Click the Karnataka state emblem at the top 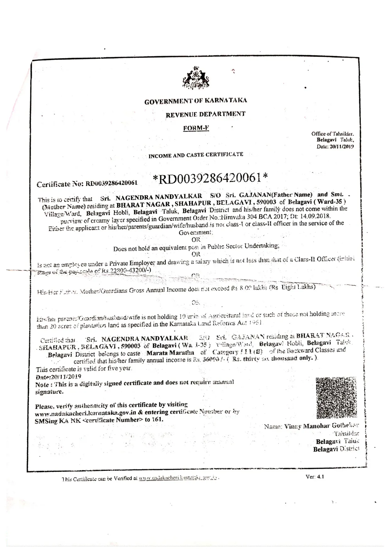[196, 77]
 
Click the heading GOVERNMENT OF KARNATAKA [195, 101]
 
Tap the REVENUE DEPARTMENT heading [206, 114]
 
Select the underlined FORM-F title [196, 128]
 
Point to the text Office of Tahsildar [332, 134]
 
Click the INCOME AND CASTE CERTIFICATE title [196, 155]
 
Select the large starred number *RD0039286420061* [210, 178]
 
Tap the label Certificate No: [60, 184]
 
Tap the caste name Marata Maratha [170, 353]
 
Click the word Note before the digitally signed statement [42, 385]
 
